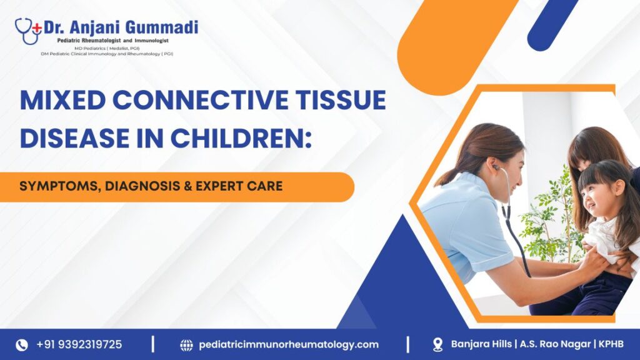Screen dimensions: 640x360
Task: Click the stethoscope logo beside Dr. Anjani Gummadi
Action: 27,31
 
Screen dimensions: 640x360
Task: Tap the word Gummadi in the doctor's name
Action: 161,27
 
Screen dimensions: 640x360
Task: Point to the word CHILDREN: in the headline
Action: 241,138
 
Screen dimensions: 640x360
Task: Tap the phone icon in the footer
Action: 22,345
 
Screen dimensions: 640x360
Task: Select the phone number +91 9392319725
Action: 79,344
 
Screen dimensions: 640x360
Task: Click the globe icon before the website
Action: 186,345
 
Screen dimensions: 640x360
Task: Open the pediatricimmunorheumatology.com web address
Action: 289,345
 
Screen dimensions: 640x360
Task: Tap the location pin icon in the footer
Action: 437,345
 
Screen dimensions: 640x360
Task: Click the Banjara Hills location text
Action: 481,344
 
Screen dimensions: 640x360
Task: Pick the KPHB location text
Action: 611,344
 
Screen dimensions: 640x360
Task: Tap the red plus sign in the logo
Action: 37,27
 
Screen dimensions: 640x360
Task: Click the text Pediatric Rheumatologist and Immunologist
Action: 112,41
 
